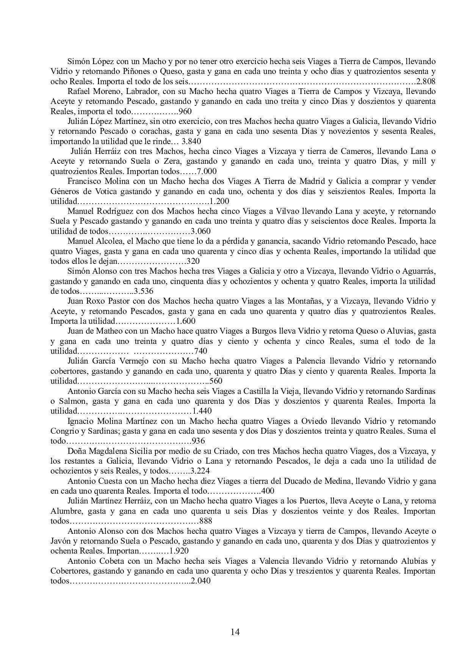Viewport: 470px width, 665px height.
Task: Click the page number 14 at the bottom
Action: [235, 632]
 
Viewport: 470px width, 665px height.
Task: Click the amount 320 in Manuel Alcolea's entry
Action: [193, 261]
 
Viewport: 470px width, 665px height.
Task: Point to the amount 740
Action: [201, 351]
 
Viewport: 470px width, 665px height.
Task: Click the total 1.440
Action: [202, 411]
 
